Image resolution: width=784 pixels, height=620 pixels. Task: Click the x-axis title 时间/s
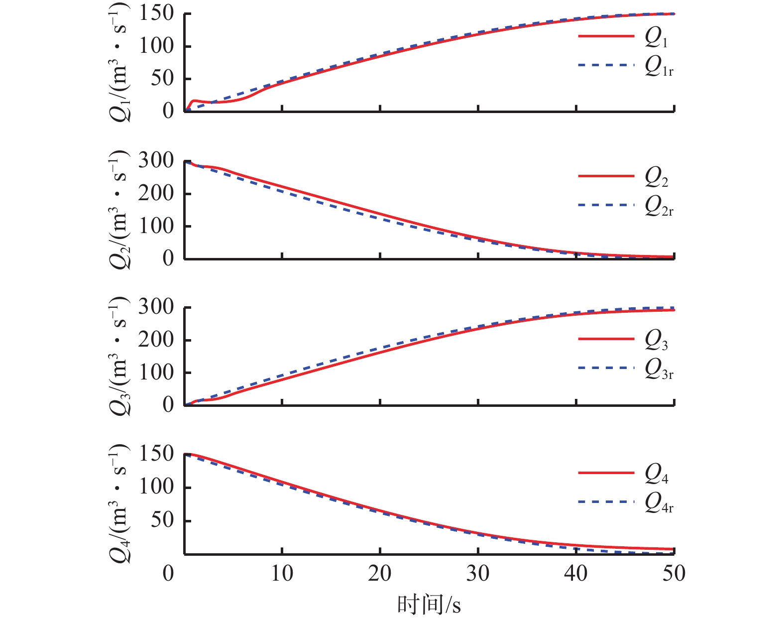point(429,605)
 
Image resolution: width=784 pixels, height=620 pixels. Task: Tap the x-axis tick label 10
point(282,574)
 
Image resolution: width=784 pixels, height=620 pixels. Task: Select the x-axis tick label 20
point(380,574)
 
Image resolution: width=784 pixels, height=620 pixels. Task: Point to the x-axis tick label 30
point(478,574)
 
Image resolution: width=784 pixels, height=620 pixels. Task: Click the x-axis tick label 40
point(576,574)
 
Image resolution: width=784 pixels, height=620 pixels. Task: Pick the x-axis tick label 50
point(674,574)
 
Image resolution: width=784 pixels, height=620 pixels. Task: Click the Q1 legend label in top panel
point(657,38)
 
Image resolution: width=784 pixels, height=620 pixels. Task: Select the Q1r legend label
point(659,67)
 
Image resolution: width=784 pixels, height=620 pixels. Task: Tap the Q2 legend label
point(657,178)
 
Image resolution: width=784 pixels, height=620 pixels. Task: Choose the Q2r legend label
point(659,206)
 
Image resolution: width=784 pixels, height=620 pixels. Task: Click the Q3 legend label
point(657,341)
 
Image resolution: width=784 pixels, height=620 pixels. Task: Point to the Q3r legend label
point(659,370)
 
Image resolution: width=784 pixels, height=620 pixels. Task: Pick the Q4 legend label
point(657,474)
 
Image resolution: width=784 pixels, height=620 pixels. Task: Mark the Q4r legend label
point(659,503)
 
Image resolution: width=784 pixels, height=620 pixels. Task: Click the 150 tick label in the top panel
point(156,13)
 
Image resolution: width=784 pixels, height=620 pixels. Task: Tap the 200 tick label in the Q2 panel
point(156,193)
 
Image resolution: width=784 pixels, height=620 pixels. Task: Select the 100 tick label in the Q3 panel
point(156,372)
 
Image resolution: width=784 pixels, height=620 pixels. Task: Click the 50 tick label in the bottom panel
point(162,520)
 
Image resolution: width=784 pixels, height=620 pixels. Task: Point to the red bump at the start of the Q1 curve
point(195,101)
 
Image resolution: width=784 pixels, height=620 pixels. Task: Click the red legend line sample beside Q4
point(606,473)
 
